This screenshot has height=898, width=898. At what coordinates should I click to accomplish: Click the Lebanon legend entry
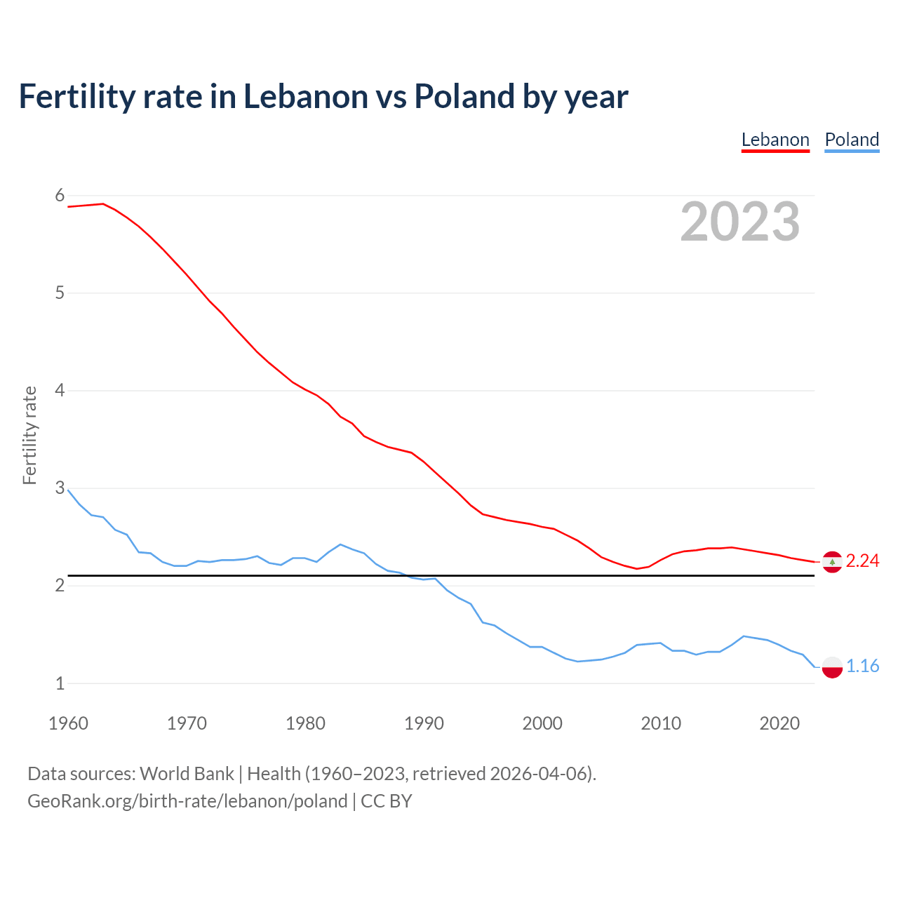coord(775,140)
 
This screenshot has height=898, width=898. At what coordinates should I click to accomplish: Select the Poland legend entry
coord(852,140)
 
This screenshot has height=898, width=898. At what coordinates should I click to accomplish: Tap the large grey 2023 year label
coord(740,222)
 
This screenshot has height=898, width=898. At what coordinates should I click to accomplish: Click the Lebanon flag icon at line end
coord(832,561)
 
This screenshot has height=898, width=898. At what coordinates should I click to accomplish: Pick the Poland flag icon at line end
coord(832,666)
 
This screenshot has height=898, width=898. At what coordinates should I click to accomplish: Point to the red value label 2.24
coord(862,561)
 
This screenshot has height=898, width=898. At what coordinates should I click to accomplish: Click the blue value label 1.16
coord(862,666)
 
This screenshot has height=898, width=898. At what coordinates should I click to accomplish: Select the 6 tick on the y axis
coord(60,196)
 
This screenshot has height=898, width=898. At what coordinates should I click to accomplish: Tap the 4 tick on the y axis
coord(60,391)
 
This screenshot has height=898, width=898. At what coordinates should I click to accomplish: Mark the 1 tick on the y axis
coord(60,683)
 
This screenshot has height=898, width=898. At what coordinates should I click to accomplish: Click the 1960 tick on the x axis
coord(68,723)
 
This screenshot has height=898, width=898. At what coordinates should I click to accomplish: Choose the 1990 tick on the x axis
coord(424,723)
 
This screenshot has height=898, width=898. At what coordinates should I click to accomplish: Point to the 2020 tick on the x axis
coord(779,723)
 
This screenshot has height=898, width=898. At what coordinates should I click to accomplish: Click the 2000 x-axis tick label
coord(542,723)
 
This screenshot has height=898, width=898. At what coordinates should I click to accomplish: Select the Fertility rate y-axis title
coord(29,435)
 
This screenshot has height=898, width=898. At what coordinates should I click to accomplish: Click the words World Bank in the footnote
coord(187,774)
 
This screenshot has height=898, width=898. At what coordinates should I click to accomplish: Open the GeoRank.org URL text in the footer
coord(187,801)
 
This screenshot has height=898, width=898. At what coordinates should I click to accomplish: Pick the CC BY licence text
coord(387,801)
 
